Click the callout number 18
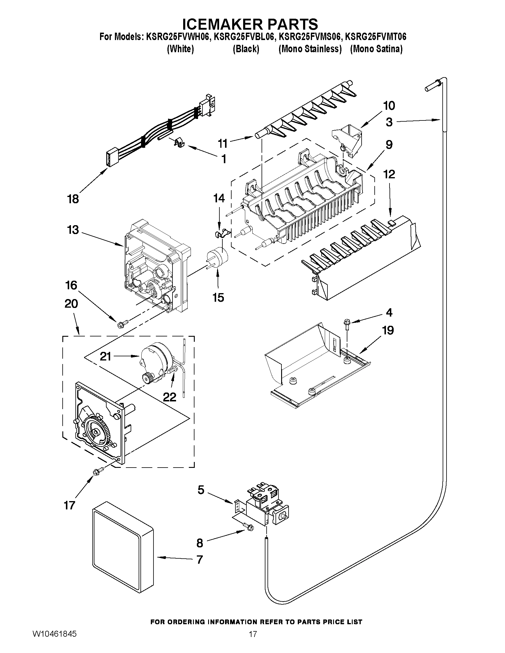(73, 199)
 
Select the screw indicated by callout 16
(123, 323)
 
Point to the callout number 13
(73, 230)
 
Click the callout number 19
(388, 331)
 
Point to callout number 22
(169, 397)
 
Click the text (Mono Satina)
(376, 49)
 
